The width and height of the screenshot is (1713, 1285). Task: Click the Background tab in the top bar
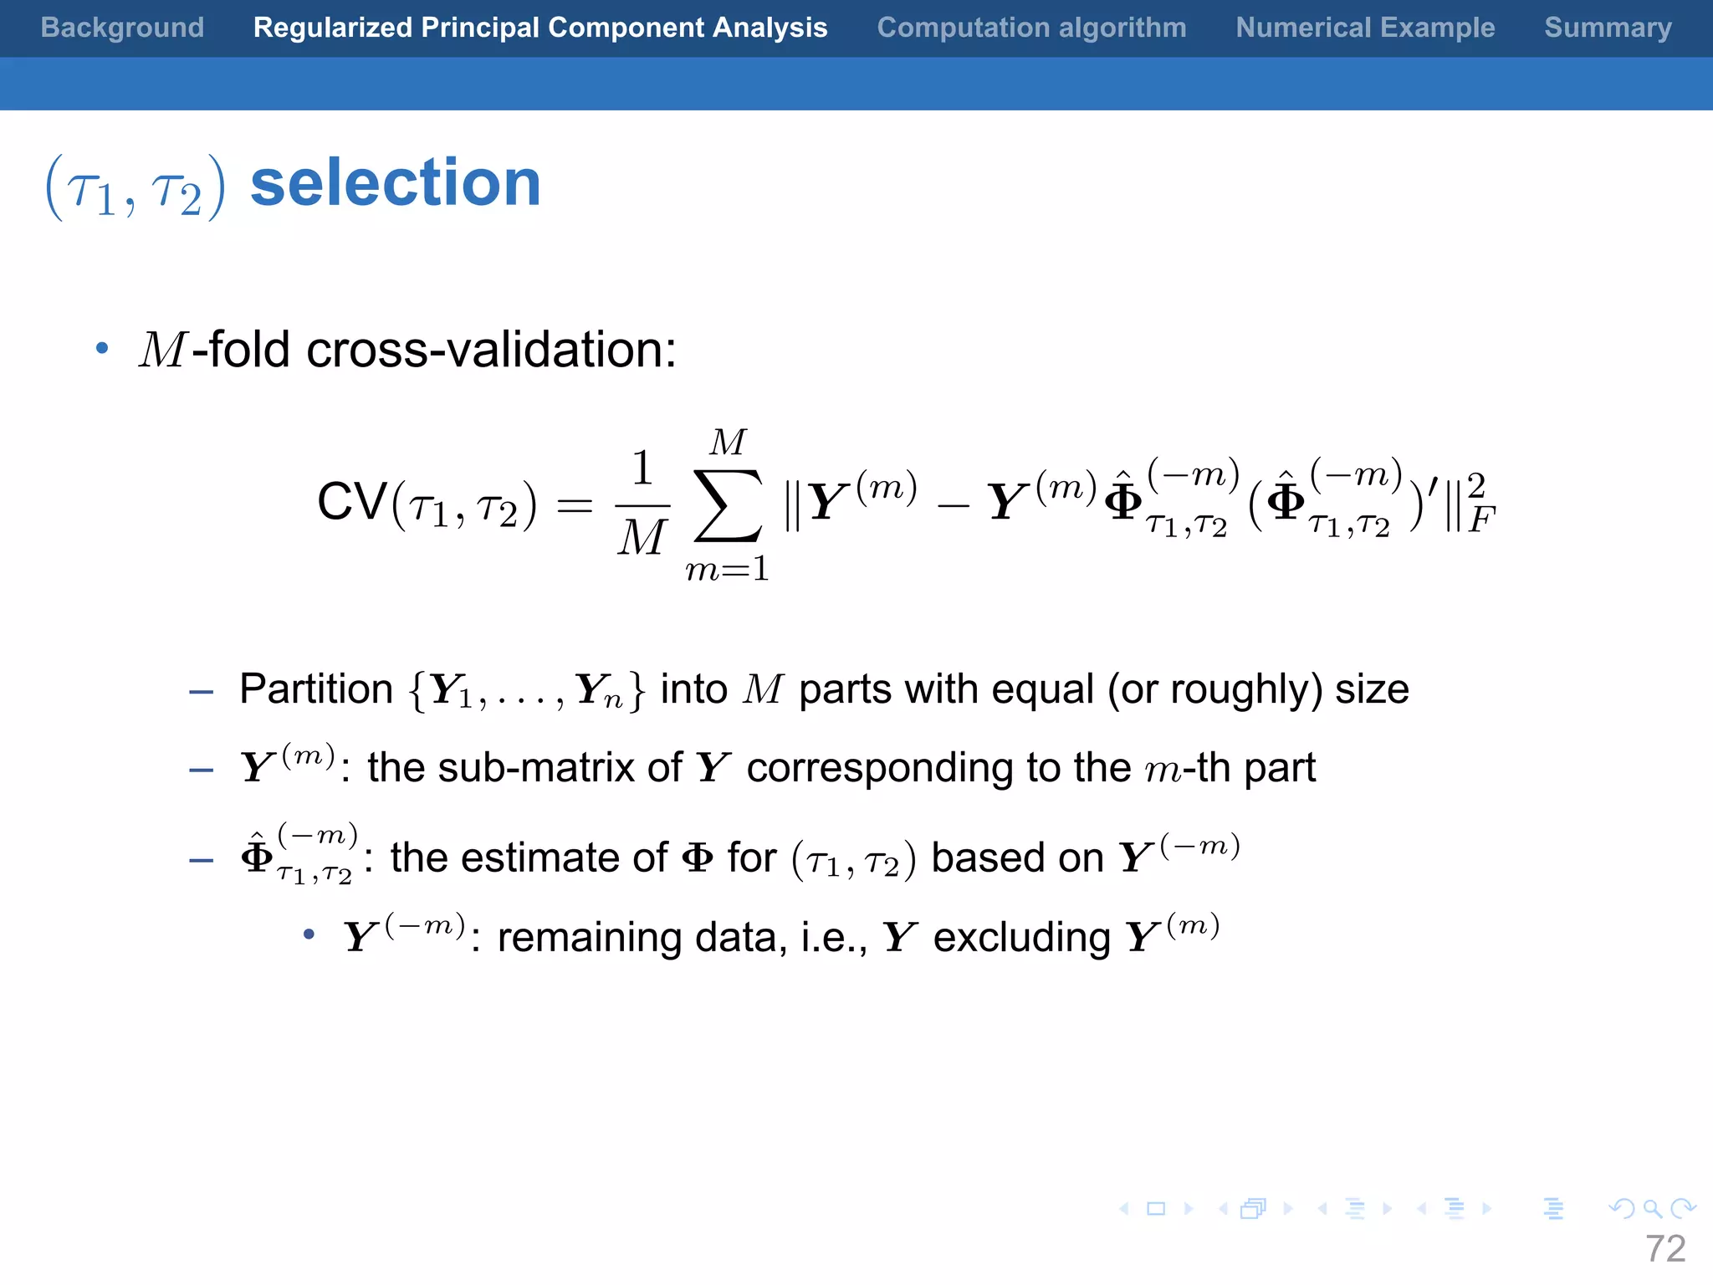click(x=122, y=28)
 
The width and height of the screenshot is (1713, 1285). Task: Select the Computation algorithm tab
click(x=1031, y=28)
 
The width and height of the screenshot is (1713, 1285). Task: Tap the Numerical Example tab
click(x=1365, y=28)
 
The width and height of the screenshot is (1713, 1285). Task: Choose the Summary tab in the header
click(x=1608, y=28)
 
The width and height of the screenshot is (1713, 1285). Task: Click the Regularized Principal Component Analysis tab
click(x=540, y=28)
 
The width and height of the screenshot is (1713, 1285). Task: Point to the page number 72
click(x=1664, y=1248)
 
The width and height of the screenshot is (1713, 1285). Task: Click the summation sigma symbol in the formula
click(x=728, y=505)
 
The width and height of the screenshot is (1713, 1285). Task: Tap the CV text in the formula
click(x=352, y=502)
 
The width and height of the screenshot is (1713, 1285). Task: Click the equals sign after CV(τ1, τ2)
click(x=575, y=506)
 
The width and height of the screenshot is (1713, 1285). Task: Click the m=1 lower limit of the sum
click(x=727, y=570)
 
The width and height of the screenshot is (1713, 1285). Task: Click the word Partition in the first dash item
click(x=316, y=689)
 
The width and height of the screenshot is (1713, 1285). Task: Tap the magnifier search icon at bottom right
click(x=1651, y=1208)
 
